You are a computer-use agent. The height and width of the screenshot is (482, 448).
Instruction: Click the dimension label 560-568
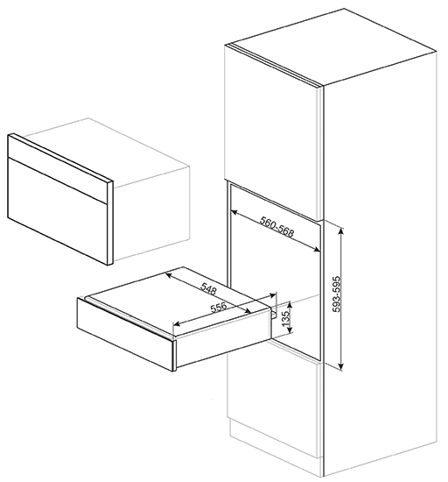coord(277,227)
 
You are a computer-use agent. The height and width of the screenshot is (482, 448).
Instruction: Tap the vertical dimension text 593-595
coord(337,294)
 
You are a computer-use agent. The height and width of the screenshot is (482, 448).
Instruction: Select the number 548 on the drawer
coord(209,289)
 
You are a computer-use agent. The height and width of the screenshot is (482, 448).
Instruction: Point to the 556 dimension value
coord(219,308)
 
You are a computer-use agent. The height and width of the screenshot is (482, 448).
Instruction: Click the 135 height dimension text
coord(286,319)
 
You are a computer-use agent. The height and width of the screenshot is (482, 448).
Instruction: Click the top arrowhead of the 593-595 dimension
coord(341,230)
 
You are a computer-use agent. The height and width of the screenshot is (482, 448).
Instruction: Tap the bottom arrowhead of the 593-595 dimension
coord(341,366)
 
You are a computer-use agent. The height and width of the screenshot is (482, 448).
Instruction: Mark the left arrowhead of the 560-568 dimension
coord(234,212)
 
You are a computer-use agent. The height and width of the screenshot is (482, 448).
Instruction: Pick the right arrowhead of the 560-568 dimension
coord(317,250)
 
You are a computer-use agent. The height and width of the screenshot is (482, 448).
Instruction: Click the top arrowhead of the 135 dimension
coord(290,304)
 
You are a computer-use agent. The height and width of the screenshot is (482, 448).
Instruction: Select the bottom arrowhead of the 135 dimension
coord(290,330)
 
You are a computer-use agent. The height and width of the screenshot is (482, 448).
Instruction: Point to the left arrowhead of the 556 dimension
coord(177,323)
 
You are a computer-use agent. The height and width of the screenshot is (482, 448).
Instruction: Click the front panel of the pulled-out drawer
coord(125,335)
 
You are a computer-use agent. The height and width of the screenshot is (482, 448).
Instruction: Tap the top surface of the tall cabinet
coord(332,46)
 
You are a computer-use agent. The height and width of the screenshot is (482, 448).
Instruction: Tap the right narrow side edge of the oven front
coord(110,223)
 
